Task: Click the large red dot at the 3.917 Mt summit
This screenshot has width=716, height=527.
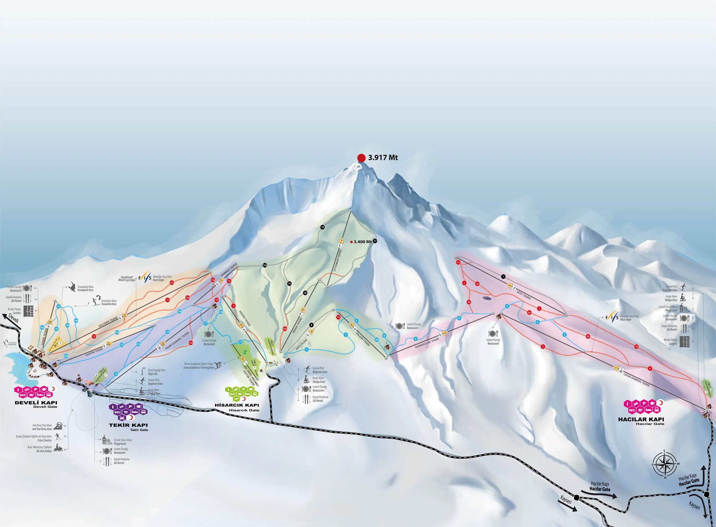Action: [361, 158]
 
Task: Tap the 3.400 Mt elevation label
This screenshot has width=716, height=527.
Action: [363, 242]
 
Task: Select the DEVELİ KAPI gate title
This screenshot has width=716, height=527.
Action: [36, 403]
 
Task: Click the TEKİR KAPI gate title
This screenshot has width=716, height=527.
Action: [128, 425]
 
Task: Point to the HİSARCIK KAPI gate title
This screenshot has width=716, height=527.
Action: [237, 405]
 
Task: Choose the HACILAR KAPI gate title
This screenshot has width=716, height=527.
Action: [641, 419]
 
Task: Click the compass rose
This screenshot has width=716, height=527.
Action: [664, 464]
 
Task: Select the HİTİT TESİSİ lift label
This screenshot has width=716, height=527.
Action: [524, 295]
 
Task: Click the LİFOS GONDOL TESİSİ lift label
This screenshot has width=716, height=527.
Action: [636, 380]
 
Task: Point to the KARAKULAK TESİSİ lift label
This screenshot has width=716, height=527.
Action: [427, 343]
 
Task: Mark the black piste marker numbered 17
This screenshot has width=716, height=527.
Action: [375, 241]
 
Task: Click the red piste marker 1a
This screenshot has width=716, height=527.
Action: [458, 262]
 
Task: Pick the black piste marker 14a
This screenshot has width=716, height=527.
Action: [264, 266]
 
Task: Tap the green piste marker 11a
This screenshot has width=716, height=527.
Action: [245, 352]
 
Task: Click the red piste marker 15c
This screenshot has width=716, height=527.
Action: [172, 283]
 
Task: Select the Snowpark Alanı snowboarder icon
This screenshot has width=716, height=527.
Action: [72, 287]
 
